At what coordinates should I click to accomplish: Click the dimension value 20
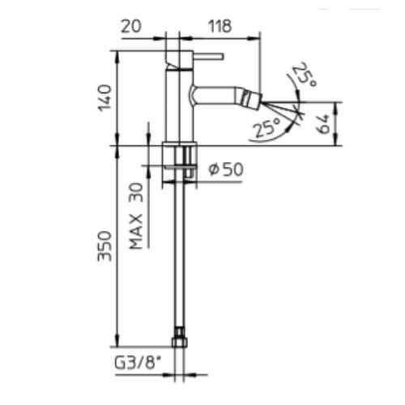point(131,27)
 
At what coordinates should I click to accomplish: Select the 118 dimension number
point(220,27)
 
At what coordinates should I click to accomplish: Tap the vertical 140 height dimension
point(104,98)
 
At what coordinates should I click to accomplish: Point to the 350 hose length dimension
point(104,245)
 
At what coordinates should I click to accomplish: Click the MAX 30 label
point(136,216)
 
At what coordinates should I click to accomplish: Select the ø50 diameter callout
point(226,169)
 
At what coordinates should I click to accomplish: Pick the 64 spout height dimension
point(323,124)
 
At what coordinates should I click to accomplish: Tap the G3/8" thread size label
point(135,362)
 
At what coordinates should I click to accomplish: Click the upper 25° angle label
point(305,75)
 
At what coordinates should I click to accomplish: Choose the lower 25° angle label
point(267,127)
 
